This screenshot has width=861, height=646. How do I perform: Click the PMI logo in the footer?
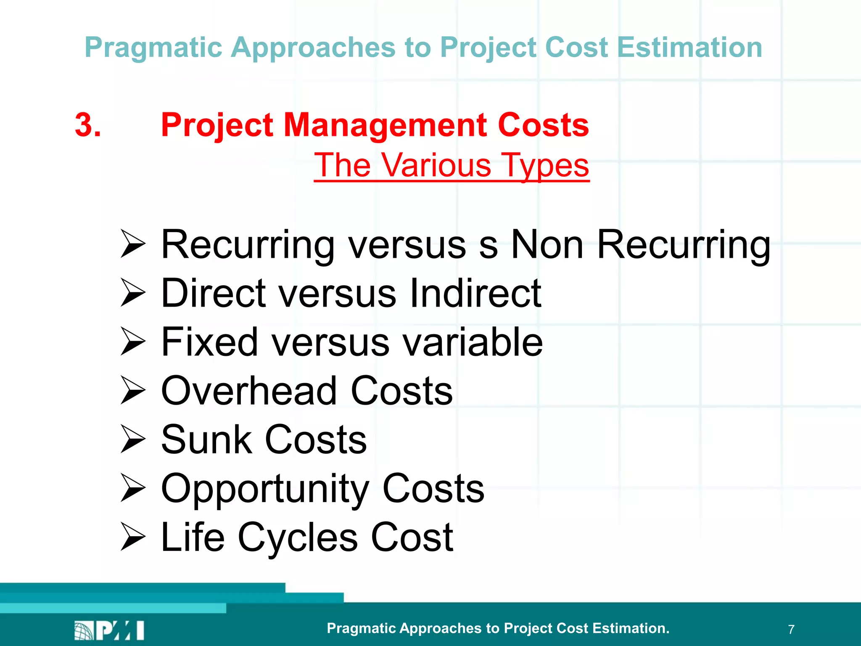pos(109,630)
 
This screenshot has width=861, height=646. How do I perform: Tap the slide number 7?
pos(791,630)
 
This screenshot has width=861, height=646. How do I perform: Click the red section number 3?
pos(88,125)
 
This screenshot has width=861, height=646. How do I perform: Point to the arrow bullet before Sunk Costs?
pos(132,439)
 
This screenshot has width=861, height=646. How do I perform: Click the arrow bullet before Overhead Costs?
pos(132,390)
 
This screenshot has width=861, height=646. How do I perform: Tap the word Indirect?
pos(475,293)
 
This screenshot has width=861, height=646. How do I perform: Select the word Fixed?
pos(209,342)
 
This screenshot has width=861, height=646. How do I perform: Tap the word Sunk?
pos(206,439)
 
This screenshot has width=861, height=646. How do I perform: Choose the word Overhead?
pos(249,391)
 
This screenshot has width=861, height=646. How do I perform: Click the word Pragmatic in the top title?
pos(153,48)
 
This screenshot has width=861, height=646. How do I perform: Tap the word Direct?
pos(213,293)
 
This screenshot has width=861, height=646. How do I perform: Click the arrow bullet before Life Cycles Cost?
pos(132,537)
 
